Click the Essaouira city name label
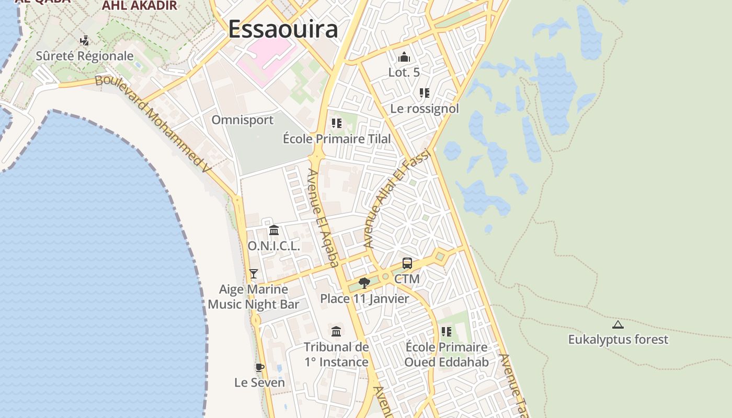283,29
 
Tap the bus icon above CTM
407,263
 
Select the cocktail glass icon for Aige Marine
254,273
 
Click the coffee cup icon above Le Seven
259,367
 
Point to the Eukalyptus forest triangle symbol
618,324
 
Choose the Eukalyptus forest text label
618,340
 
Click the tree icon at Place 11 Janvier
364,283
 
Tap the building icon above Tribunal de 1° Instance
336,331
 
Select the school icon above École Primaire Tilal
336,123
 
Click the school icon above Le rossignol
424,93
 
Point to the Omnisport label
242,120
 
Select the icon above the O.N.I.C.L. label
273,230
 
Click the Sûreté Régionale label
85,56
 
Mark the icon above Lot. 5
404,57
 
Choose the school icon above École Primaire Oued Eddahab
446,331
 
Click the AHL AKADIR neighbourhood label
140,6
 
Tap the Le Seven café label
259,382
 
